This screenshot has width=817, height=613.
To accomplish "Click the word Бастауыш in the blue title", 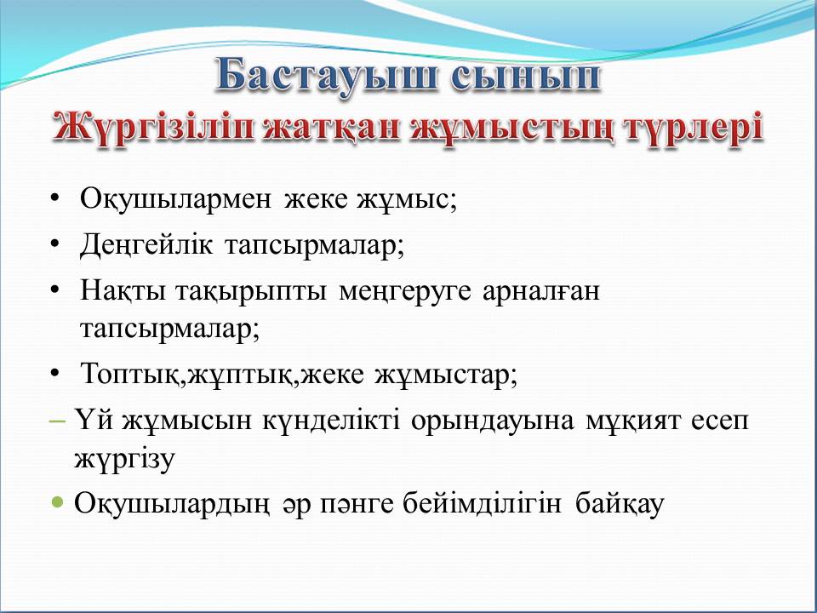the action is pos(326,77).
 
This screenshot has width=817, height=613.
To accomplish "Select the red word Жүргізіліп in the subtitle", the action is pos(154,129).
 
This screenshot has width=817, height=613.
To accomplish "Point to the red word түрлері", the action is pos(694,129).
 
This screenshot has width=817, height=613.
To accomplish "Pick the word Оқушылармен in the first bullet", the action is pos(175,199).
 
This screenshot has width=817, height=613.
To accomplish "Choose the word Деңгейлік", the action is pos(146,245).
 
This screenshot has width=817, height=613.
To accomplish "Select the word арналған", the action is pos(541,291).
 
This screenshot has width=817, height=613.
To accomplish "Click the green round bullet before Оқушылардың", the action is pos(58,503).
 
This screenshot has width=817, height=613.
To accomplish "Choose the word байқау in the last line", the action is pos(620,504).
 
